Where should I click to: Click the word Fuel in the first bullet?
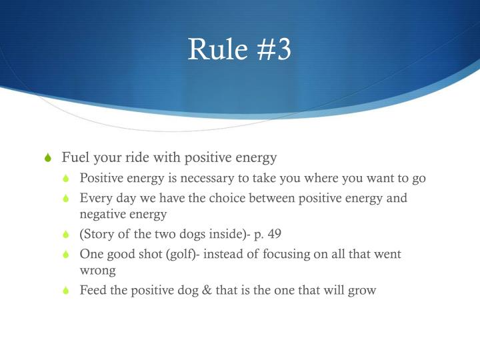(74, 158)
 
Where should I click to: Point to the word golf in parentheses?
(182, 254)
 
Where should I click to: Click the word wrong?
(97, 271)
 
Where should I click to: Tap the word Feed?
(93, 291)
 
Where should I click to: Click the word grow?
(362, 291)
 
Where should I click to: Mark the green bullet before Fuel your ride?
(47, 159)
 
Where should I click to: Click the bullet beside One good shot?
(65, 255)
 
